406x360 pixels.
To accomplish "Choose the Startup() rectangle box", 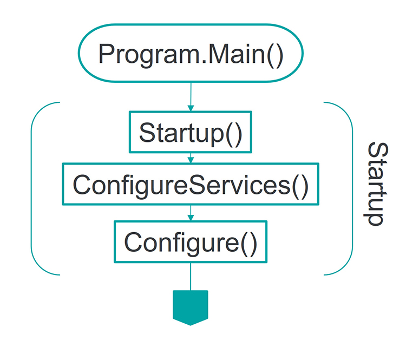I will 190,132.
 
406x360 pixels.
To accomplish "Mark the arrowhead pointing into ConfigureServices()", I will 191,160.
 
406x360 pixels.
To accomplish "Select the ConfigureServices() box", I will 190,185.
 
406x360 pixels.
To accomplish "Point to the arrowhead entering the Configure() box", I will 191,218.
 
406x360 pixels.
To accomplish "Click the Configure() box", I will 190,241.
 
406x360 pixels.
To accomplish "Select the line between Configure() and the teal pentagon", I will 191,277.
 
